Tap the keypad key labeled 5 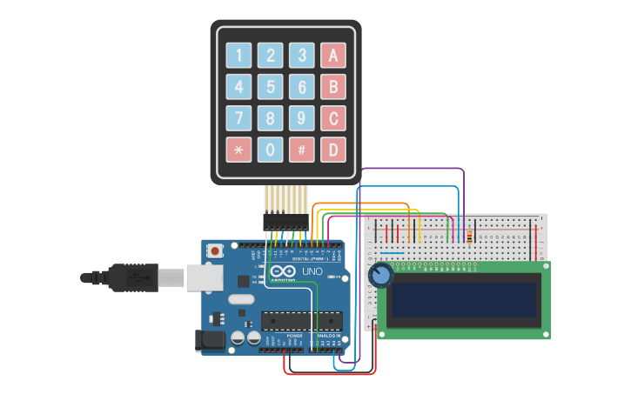(x=271, y=87)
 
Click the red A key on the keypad (x=332, y=56)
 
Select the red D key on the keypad (x=332, y=150)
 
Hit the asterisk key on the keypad (x=239, y=150)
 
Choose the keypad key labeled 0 (x=271, y=150)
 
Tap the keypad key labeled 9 (x=302, y=118)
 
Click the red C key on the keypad (x=332, y=118)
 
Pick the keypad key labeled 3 (x=302, y=56)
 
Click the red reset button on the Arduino (x=215, y=250)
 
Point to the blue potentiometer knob (x=380, y=276)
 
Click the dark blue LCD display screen (x=462, y=299)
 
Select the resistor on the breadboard (x=471, y=236)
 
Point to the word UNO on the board (x=312, y=271)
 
